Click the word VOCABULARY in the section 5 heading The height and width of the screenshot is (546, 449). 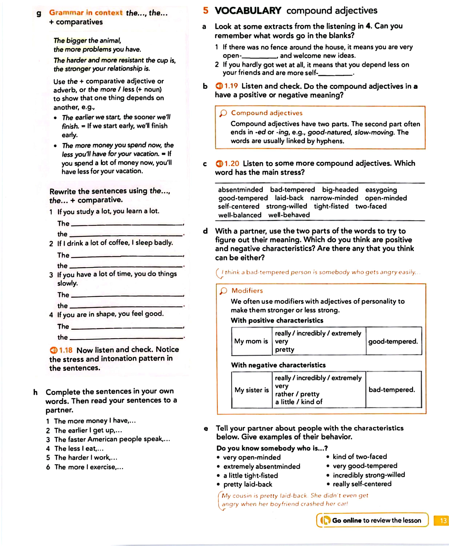(248, 11)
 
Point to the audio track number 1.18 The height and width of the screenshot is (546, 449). (65, 350)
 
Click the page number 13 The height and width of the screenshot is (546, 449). (443, 520)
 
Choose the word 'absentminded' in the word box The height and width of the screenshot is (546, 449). (240, 190)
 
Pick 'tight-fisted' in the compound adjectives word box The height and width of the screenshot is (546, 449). (331, 206)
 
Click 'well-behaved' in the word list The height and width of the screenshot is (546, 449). (289, 215)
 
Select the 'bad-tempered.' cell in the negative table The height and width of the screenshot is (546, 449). (392, 390)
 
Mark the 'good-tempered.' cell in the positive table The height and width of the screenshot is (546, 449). (393, 341)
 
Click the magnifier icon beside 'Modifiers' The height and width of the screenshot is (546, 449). (223, 291)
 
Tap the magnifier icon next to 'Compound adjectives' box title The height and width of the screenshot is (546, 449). (223, 113)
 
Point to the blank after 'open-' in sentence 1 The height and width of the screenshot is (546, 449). (259, 56)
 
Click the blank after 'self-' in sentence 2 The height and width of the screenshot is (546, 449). (335, 73)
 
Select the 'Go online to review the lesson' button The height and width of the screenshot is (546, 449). (372, 520)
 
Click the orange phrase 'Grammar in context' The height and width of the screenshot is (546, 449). (86, 13)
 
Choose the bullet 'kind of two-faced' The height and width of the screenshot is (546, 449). (360, 456)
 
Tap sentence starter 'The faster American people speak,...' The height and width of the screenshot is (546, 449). (112, 439)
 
